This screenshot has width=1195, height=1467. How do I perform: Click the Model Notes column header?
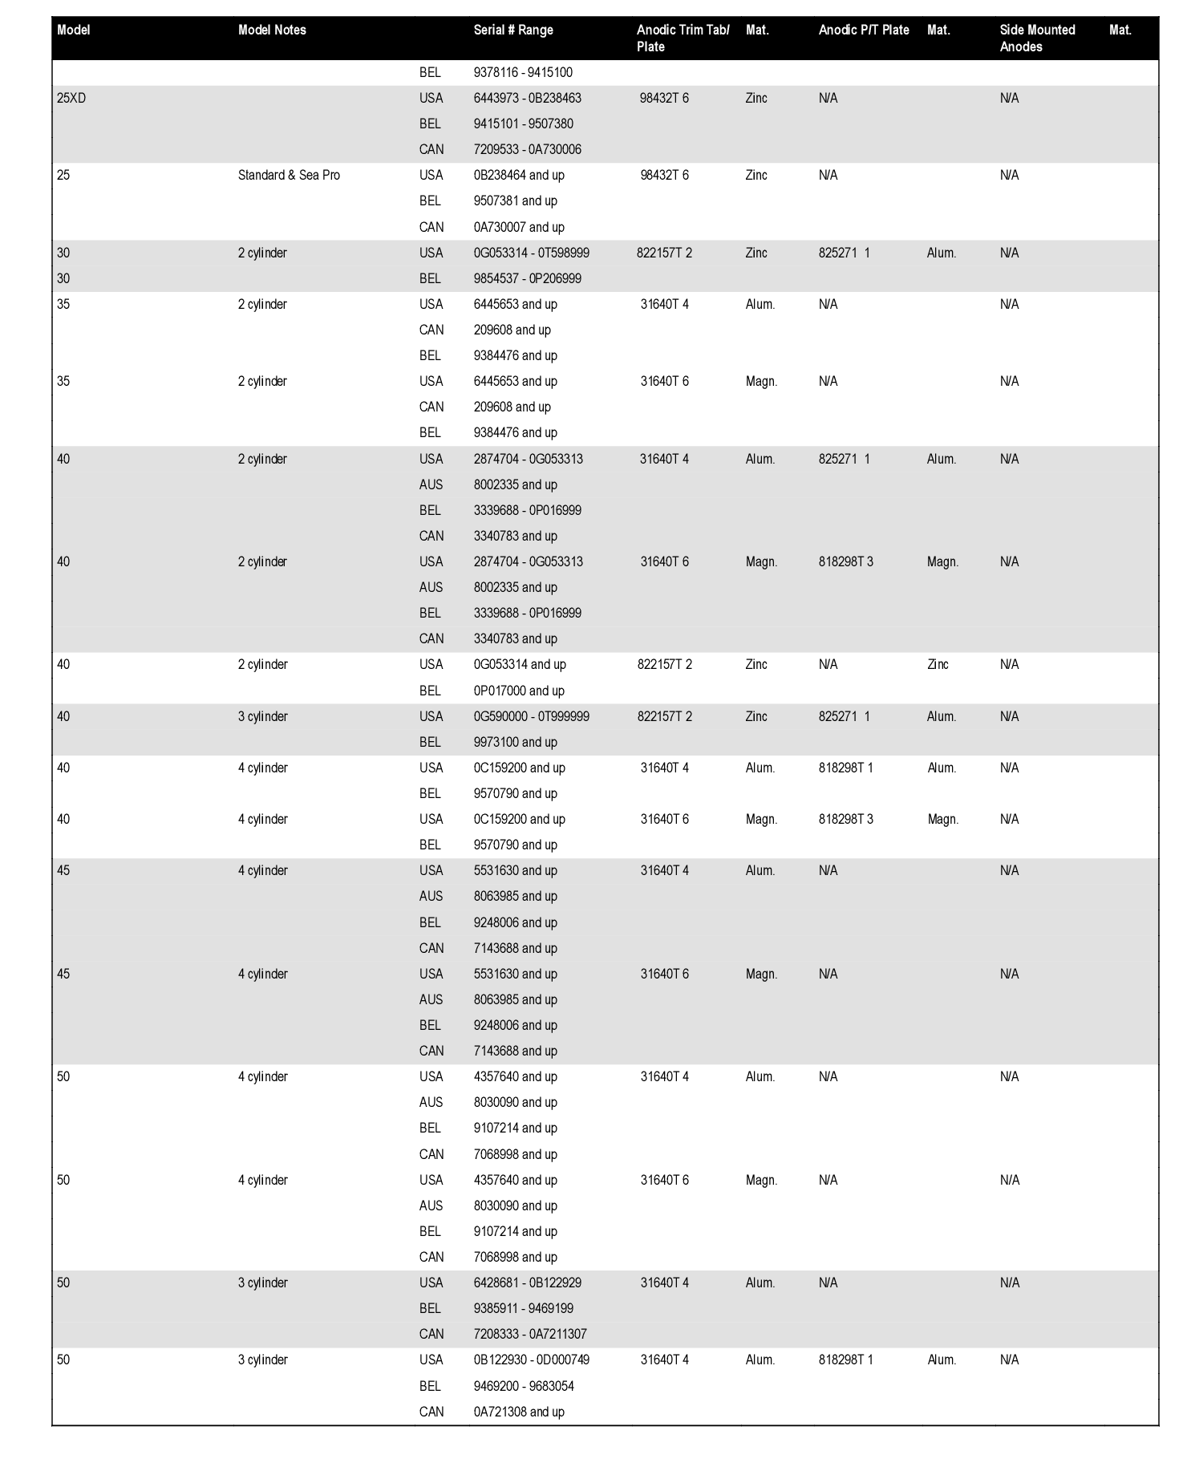pyautogui.click(x=272, y=30)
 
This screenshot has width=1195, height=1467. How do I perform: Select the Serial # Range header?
pyautogui.click(x=513, y=30)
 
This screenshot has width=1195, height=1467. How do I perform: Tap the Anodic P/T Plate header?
pyautogui.click(x=864, y=30)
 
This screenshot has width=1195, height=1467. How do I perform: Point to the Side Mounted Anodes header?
pyautogui.click(x=1037, y=38)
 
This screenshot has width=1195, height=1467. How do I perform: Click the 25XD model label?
pyautogui.click(x=71, y=99)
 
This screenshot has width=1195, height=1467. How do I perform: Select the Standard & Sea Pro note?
pyautogui.click(x=289, y=176)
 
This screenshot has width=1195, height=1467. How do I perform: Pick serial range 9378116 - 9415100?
pyautogui.click(x=523, y=73)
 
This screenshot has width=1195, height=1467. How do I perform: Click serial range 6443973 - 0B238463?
pyautogui.click(x=527, y=99)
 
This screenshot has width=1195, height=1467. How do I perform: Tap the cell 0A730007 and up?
pyautogui.click(x=519, y=228)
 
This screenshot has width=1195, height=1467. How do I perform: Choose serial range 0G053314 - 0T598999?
pyautogui.click(x=531, y=253)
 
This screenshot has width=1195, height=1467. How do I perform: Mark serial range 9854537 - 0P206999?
pyautogui.click(x=527, y=279)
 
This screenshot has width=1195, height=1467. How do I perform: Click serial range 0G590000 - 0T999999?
pyautogui.click(x=531, y=717)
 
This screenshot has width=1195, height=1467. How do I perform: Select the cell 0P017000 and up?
pyautogui.click(x=519, y=691)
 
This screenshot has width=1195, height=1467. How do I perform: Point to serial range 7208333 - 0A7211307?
pyautogui.click(x=530, y=1335)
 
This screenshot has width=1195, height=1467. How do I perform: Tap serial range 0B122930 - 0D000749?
pyautogui.click(x=531, y=1360)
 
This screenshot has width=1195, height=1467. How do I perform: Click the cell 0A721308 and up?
pyautogui.click(x=519, y=1412)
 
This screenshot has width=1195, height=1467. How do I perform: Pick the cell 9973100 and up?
pyautogui.click(x=515, y=743)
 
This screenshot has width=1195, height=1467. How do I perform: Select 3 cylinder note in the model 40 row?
pyautogui.click(x=262, y=717)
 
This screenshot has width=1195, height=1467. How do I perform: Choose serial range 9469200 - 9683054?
pyautogui.click(x=524, y=1387)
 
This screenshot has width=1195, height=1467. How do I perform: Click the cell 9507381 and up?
pyautogui.click(x=515, y=201)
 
